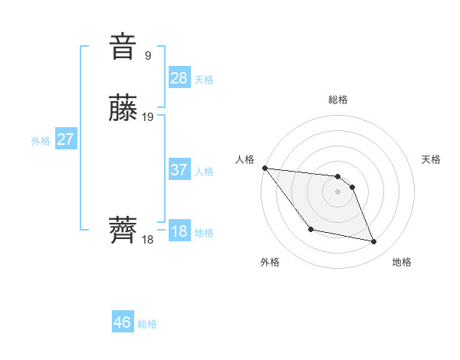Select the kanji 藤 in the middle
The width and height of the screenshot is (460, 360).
point(123,109)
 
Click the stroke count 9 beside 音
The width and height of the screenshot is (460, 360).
point(148,55)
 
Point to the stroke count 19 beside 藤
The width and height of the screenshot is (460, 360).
point(148,117)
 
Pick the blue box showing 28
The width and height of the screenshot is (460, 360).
point(179,77)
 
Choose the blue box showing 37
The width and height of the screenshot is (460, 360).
point(179,169)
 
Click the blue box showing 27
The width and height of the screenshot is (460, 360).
point(66,139)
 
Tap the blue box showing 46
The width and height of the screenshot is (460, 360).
point(123,322)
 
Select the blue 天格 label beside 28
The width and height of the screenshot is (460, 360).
point(204,80)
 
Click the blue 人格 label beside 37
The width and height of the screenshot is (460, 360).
point(204,172)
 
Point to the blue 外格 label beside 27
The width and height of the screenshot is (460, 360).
point(41,141)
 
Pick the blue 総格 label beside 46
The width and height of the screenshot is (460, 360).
point(147,325)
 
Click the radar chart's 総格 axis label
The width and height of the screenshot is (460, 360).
point(337,100)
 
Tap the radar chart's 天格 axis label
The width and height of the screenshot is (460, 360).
point(431,159)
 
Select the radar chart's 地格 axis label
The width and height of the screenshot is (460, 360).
point(402,262)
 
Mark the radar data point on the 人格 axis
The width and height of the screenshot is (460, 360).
point(264,168)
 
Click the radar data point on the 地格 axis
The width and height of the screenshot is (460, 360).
point(374,242)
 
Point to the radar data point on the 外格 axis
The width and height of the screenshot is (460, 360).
point(310,229)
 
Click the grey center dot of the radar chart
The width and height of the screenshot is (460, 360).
point(337,191)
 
